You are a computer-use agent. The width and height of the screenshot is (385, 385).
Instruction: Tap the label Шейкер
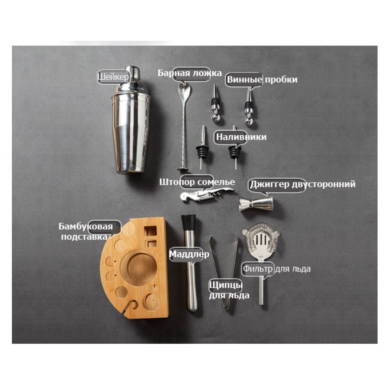113,77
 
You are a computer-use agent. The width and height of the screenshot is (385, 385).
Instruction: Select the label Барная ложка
189,73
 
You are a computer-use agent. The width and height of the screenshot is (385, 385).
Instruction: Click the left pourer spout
202,148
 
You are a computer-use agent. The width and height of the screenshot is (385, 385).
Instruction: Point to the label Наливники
241,137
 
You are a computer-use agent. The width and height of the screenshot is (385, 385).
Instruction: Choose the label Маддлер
189,254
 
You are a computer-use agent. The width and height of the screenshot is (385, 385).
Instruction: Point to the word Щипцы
226,285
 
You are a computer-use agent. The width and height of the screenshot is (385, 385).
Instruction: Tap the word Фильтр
258,269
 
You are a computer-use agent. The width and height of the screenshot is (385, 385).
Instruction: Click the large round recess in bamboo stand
139,268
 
